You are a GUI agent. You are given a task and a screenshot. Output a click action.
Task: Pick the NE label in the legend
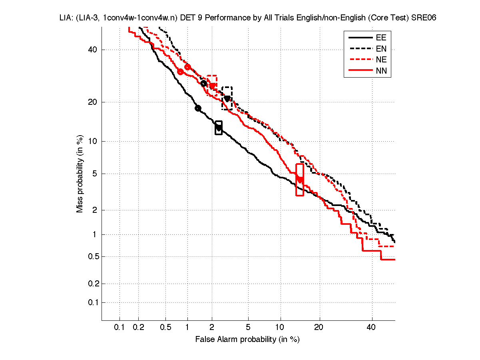click(380, 60)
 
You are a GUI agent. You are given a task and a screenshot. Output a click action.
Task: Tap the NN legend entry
click(380, 71)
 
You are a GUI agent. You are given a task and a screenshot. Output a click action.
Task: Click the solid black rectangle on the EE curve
click(219, 128)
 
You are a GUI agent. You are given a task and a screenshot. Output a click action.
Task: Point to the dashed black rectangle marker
click(227, 98)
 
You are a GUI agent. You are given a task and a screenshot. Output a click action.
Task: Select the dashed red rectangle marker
click(212, 82)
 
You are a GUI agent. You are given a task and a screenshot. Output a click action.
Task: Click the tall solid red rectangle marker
click(300, 180)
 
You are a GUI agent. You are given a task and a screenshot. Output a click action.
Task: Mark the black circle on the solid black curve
click(198, 108)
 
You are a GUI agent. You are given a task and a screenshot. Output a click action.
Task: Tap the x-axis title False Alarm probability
click(247, 340)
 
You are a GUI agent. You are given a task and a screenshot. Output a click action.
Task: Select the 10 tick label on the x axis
click(281, 328)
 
